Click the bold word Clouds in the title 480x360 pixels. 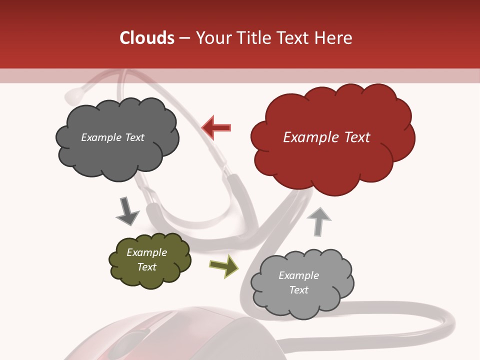(146, 38)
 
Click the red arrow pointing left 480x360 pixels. (216, 128)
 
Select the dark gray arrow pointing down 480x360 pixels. (127, 211)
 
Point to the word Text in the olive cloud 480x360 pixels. (147, 267)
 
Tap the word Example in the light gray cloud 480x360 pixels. (298, 275)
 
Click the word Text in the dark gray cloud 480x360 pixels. (133, 137)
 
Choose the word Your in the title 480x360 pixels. (211, 38)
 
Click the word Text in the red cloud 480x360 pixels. (356, 137)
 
